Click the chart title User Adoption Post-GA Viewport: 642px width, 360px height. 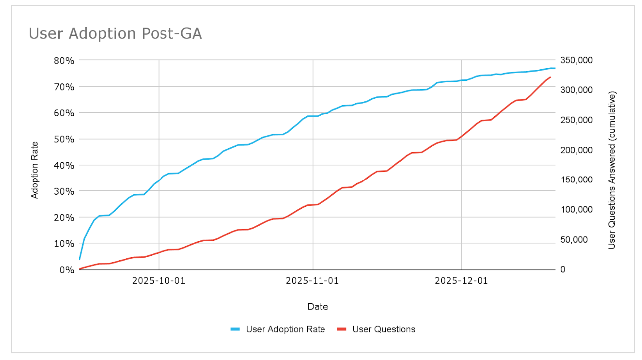[x=115, y=33]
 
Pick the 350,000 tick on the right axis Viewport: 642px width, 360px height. [x=576, y=60]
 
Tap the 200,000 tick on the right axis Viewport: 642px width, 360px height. [x=576, y=150]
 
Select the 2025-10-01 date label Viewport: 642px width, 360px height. [x=159, y=281]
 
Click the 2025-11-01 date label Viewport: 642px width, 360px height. [x=312, y=281]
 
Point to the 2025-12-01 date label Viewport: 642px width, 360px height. [x=461, y=281]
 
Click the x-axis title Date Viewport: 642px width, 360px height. [x=318, y=307]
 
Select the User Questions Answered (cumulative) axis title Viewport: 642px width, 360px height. [x=612, y=170]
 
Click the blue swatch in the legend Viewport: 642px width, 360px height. [x=235, y=329]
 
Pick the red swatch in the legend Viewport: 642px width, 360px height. [x=342, y=329]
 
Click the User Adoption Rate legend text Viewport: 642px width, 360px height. [x=285, y=329]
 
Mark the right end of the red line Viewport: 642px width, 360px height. [x=550, y=77]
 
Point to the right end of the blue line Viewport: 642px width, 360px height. [x=555, y=68]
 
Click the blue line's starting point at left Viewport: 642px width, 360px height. [x=80, y=259]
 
